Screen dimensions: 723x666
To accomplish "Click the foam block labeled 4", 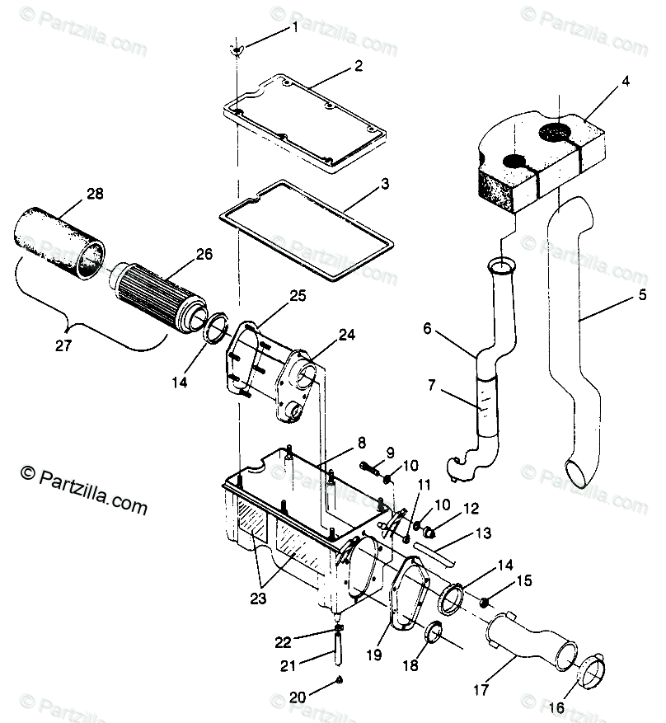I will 536,161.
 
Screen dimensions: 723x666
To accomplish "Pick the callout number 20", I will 298,697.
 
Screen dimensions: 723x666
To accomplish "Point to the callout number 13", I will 482,533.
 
